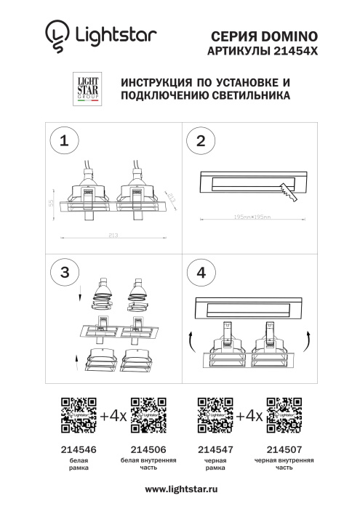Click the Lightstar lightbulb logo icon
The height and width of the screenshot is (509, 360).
pos(55,37)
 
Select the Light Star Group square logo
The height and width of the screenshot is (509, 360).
pos(87,89)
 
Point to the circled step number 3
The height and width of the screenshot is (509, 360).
pos(65,273)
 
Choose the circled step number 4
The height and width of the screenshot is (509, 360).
pos(201,273)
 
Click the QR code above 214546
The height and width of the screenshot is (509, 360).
pos(79,415)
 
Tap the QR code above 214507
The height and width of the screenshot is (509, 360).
pos(284,415)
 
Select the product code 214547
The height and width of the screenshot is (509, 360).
pos(215,450)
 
